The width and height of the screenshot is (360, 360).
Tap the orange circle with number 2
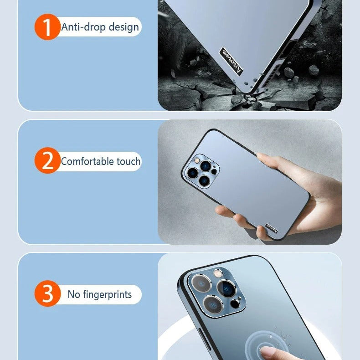point(47,161)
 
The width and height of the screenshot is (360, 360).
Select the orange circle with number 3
point(47,294)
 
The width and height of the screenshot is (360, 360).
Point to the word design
point(123,27)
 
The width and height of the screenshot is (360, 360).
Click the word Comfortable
point(88,161)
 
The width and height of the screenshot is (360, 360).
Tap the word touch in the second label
point(129,161)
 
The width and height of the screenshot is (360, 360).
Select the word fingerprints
point(107,294)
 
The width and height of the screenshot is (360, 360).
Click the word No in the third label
point(74,294)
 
